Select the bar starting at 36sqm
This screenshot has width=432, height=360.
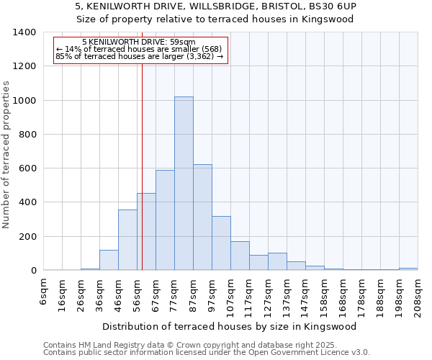[x=109, y=260]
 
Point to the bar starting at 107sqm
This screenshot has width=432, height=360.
[x=240, y=256]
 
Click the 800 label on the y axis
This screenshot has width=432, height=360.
[x=27, y=135]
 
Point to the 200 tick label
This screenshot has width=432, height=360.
[x=27, y=237]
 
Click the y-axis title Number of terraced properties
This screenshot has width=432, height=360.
[x=7, y=154]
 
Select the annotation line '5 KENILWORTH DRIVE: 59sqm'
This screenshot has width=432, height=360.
[x=138, y=42]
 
